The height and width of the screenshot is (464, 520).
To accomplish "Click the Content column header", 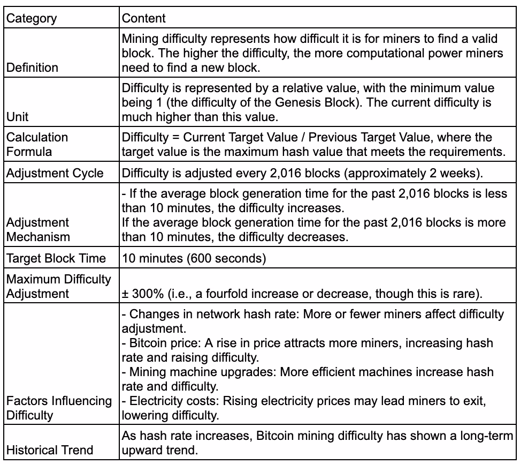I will coord(144,18).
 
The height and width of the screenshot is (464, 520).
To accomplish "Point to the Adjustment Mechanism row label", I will coord(37,229).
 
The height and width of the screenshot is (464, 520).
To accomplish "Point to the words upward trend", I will coord(158,450).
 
